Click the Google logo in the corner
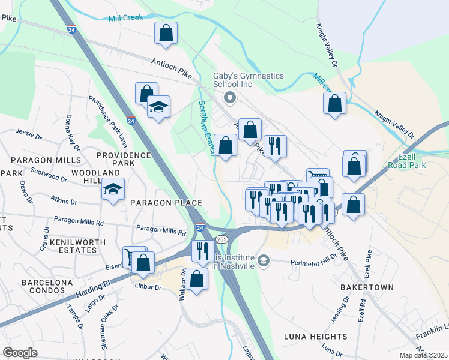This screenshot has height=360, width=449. (20, 353)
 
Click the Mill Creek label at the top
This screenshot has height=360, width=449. (126, 17)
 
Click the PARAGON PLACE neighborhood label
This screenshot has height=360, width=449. (166, 203)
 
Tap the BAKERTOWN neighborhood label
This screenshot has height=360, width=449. (367, 287)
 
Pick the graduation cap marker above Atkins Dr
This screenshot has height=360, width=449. (113, 190)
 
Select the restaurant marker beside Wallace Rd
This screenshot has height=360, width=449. (203, 250)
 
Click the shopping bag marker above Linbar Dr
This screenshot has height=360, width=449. (144, 263)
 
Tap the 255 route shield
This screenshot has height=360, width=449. (222, 239)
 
